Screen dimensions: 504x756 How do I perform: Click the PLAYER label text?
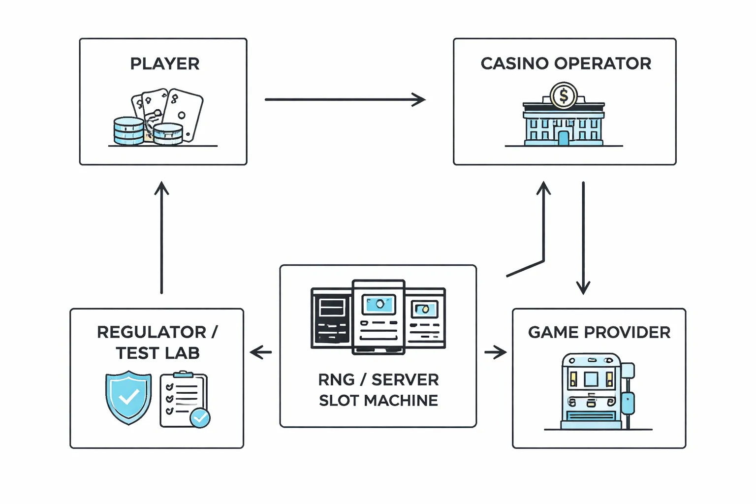[x=164, y=64]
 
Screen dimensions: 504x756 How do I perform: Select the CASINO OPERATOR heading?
[x=566, y=63]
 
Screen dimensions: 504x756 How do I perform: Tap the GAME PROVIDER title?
[x=599, y=332]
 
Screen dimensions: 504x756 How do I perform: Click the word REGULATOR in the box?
[x=152, y=332]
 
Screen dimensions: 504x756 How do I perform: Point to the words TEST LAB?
[x=157, y=353]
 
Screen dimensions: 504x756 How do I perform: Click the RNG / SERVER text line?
[x=378, y=379]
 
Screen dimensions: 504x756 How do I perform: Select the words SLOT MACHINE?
[x=378, y=400]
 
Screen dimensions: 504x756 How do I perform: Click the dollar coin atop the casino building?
[x=564, y=95]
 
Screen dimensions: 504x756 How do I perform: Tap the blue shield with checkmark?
[x=128, y=397]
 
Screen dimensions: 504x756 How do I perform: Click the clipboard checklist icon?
[x=183, y=399]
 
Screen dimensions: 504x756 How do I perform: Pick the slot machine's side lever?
[x=628, y=394]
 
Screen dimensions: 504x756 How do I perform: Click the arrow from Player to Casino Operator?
[x=345, y=99]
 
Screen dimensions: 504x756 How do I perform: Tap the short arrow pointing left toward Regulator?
[x=261, y=352]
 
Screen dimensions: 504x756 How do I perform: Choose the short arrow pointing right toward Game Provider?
[x=495, y=352]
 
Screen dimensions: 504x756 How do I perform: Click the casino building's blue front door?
[x=564, y=137]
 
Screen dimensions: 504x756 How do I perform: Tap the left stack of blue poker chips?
[x=128, y=131]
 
